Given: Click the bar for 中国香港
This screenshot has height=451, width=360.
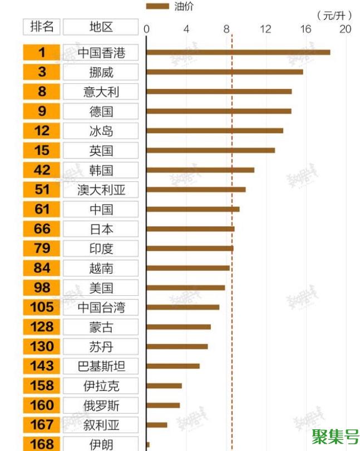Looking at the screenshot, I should click(x=238, y=52).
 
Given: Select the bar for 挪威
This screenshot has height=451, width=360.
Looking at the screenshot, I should click(x=224, y=72).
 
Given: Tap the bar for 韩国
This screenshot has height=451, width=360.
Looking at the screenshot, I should click(x=200, y=170).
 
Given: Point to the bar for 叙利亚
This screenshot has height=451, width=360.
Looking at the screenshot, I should click(x=156, y=425).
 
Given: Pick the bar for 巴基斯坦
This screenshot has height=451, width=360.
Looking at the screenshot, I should click(x=172, y=366).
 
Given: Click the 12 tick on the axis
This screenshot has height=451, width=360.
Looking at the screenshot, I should click(x=265, y=29).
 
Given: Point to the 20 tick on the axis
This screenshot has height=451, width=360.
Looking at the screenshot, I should click(x=345, y=29).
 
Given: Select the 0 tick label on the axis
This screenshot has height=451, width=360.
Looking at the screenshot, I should click(x=146, y=29).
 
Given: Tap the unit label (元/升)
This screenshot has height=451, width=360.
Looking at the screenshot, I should click(x=333, y=15).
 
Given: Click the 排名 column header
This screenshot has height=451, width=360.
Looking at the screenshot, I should click(x=42, y=27).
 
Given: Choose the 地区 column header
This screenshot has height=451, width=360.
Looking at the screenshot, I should click(x=100, y=27).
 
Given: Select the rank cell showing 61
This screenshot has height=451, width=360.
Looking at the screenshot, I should click(x=42, y=209).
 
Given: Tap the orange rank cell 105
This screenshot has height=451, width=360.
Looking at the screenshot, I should click(x=42, y=307).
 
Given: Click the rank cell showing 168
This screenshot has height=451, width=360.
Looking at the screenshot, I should click(x=42, y=444).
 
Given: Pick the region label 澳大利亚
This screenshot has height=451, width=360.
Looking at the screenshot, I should click(x=101, y=190).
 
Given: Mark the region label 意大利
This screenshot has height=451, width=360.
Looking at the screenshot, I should click(x=101, y=92).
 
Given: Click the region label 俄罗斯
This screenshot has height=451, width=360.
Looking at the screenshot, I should click(x=101, y=405).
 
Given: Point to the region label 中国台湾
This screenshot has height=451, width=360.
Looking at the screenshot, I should click(x=101, y=307).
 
